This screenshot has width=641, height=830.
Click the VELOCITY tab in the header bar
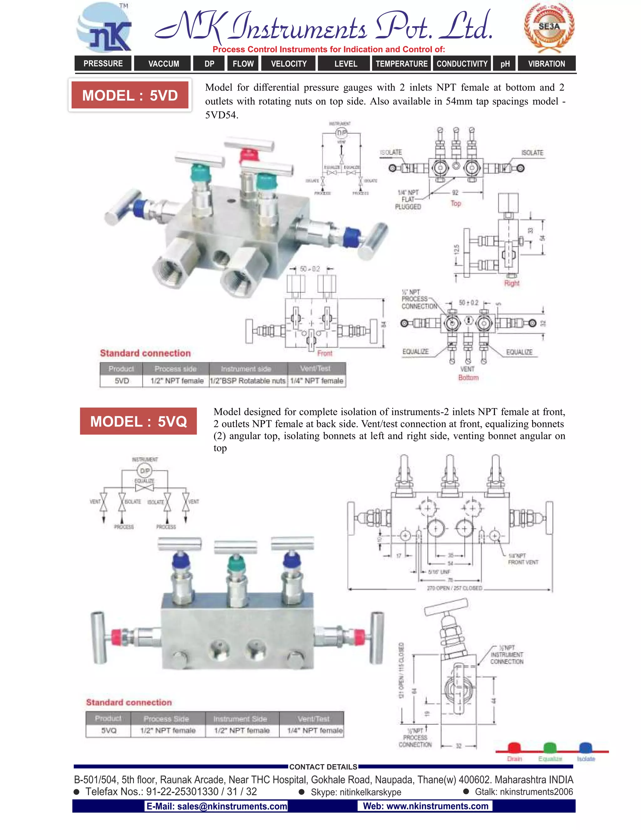(x=289, y=64)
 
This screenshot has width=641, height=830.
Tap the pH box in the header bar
(x=505, y=64)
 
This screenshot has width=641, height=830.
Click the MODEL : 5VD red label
(x=130, y=96)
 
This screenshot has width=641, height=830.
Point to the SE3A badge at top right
(x=549, y=27)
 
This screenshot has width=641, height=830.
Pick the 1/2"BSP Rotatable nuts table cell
(x=248, y=381)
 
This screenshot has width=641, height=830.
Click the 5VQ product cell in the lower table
(x=109, y=730)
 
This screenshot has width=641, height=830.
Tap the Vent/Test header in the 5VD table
(x=315, y=368)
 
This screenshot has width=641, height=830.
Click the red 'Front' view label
(x=325, y=353)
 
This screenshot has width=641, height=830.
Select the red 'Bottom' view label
(x=468, y=377)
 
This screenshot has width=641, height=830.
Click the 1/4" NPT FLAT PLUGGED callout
(x=408, y=200)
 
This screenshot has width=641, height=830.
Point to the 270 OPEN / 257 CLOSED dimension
(x=454, y=588)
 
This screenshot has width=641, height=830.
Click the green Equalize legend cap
(x=550, y=748)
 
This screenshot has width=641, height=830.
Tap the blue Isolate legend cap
(x=585, y=748)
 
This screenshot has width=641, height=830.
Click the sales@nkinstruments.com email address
(x=217, y=806)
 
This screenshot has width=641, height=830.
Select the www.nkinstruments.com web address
(x=425, y=806)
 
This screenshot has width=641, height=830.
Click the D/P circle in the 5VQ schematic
(x=145, y=471)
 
